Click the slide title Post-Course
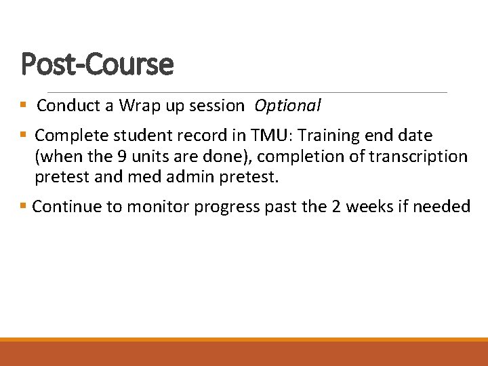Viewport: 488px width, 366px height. coord(97,65)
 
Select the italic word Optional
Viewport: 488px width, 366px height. coord(287,106)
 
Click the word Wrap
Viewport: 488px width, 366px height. coord(139,106)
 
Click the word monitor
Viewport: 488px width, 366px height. coord(161,207)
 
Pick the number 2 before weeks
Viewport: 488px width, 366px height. coord(336,207)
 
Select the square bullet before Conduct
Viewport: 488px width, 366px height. coord(23,106)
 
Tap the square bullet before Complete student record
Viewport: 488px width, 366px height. coord(23,136)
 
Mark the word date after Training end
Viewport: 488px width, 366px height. coord(415,136)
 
